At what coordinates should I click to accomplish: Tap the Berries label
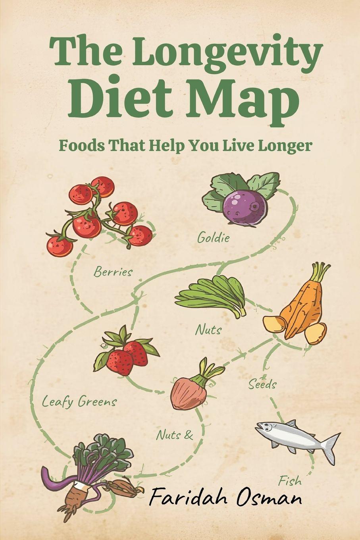[113, 272]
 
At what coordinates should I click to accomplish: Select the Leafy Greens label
[79, 401]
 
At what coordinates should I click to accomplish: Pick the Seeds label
[262, 384]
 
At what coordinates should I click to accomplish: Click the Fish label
[290, 482]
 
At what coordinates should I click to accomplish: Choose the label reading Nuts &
[174, 435]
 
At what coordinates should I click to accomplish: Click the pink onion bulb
[188, 392]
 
